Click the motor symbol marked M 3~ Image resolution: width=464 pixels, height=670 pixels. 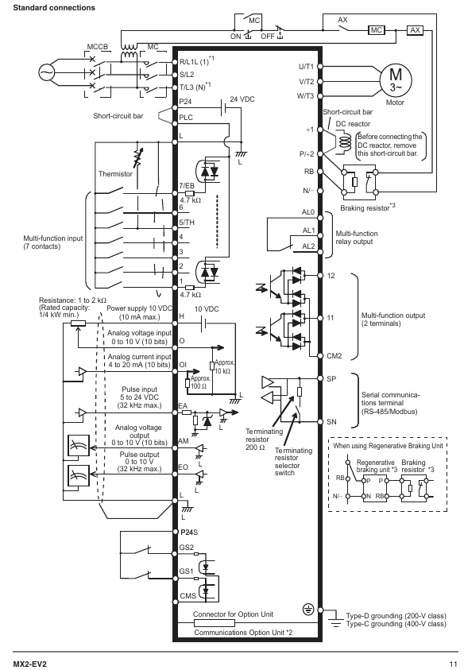tap(396, 80)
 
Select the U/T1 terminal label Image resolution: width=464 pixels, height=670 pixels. tap(306, 67)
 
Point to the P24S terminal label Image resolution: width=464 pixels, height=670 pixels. tap(188, 533)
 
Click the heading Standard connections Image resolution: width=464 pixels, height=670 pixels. tap(54, 8)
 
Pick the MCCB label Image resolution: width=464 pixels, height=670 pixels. tap(98, 47)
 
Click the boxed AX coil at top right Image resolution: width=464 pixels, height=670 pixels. tap(415, 30)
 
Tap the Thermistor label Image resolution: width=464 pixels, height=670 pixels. tap(115, 174)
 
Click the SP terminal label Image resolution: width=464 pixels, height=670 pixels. tap(331, 379)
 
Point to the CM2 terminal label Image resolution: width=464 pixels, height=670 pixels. tap(334, 356)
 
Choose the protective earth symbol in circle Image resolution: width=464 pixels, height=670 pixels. tap(308, 610)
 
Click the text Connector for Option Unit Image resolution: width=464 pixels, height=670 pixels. tap(233, 614)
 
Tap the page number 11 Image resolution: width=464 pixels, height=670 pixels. tap(453, 664)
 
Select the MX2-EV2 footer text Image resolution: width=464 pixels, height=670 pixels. tap(29, 664)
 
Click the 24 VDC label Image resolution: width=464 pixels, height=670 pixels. tap(242, 99)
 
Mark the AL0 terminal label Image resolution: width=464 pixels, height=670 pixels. tap(308, 212)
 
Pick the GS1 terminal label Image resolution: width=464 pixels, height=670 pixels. tap(186, 571)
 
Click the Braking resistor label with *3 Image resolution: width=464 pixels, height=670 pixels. tap(367, 207)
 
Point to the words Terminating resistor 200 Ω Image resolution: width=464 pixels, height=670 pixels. tap(264, 440)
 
